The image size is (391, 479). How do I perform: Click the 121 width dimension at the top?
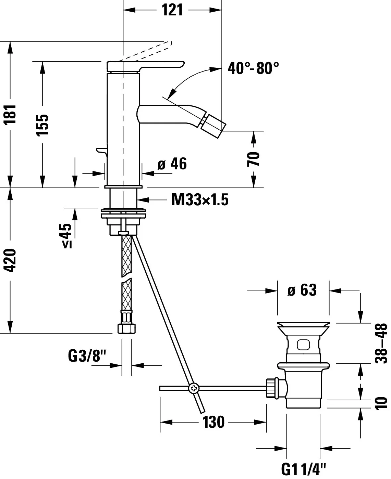(x=172, y=10)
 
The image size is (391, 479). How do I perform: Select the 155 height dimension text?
(x=43, y=125)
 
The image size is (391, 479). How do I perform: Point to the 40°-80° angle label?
(x=253, y=68)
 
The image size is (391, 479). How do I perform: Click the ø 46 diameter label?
(x=172, y=164)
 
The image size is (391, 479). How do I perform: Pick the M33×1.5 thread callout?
(x=200, y=199)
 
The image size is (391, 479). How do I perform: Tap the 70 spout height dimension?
(x=254, y=159)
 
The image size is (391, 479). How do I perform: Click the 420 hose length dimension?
(x=11, y=260)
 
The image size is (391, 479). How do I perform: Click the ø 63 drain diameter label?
(x=302, y=290)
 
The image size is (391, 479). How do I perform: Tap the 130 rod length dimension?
(x=213, y=422)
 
